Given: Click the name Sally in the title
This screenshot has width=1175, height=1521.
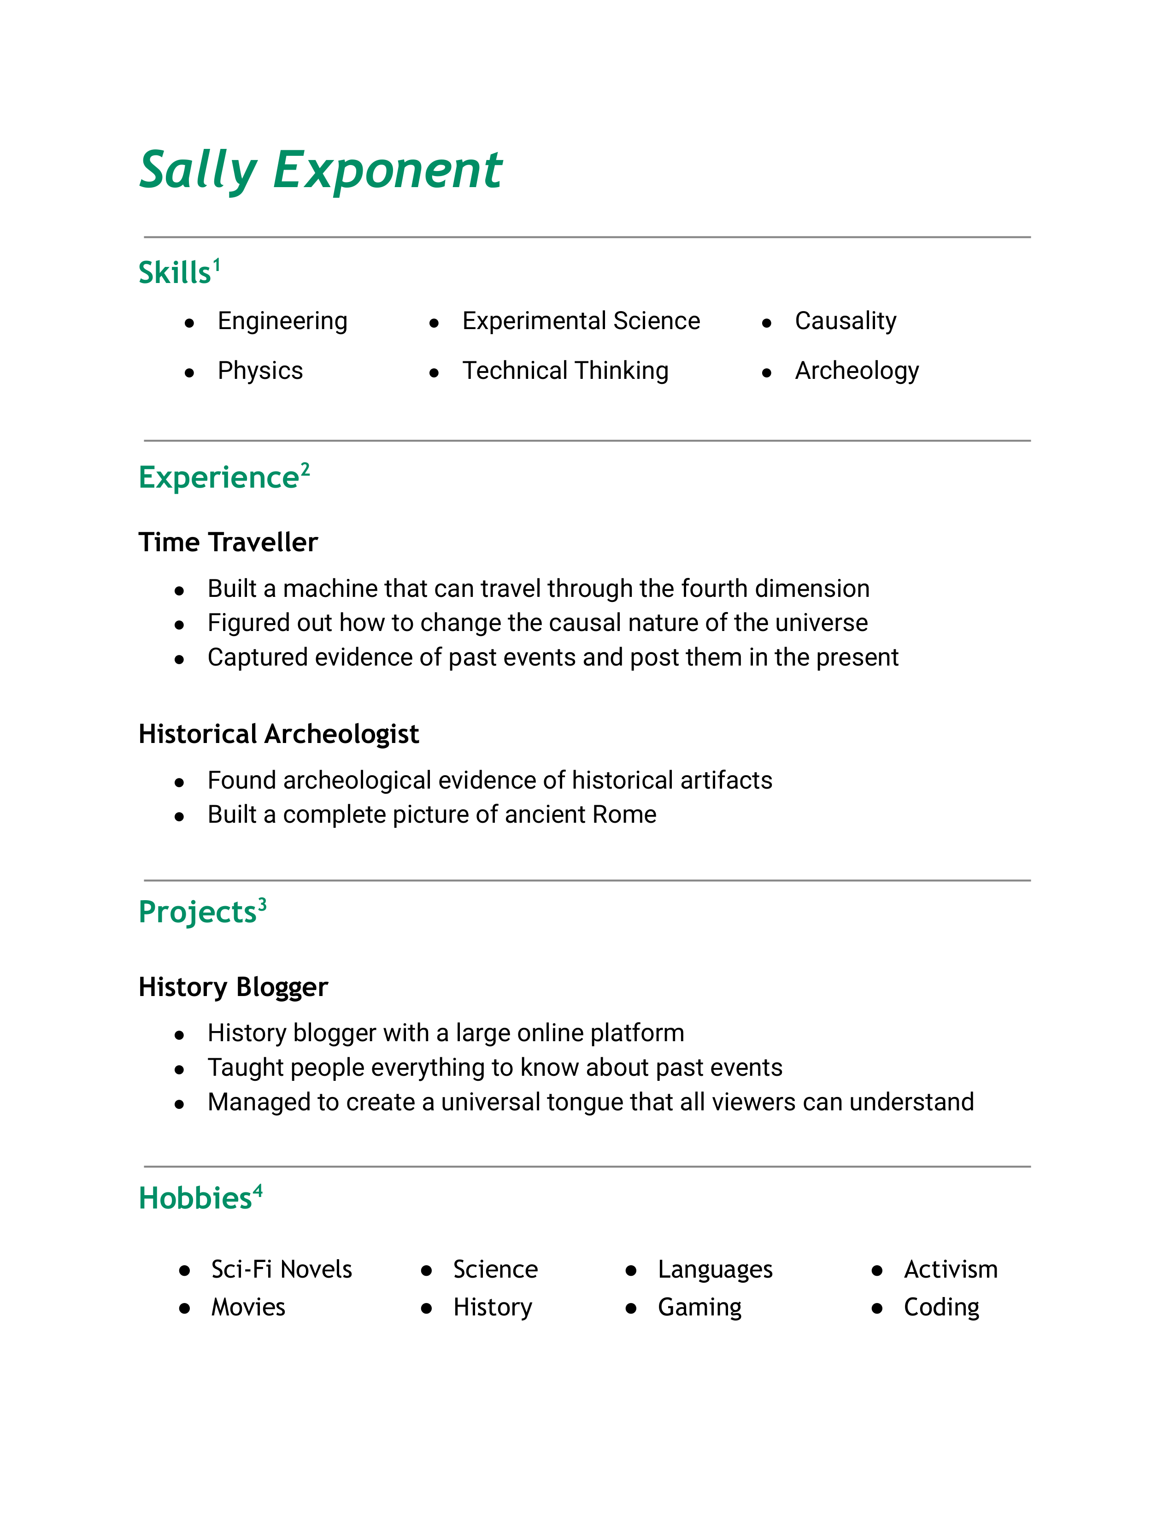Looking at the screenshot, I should point(199,170).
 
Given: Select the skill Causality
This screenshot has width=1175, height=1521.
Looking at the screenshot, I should point(845,321).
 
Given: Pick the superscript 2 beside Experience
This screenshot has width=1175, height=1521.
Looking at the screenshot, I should point(305,469).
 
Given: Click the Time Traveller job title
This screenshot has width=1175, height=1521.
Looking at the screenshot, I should point(228,542).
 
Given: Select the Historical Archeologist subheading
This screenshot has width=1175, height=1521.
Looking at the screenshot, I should point(278,734).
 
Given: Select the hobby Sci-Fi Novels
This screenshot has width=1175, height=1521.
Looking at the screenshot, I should point(281,1270).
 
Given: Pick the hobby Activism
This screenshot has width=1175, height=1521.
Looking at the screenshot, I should point(950,1270).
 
